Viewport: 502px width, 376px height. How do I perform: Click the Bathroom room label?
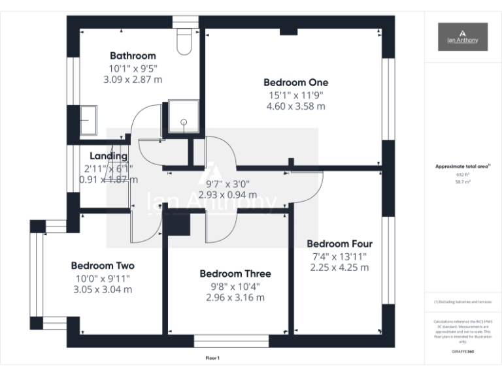click(x=133, y=55)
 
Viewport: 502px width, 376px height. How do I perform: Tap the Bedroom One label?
click(x=295, y=83)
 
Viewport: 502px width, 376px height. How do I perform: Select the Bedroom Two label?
click(x=103, y=266)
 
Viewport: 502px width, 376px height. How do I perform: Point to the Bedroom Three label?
click(x=235, y=274)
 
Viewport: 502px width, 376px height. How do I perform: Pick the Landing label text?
click(x=109, y=156)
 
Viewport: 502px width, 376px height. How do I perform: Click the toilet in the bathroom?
click(x=184, y=41)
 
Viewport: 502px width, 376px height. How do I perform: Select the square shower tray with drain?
click(x=184, y=116)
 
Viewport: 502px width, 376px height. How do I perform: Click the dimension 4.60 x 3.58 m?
click(x=295, y=106)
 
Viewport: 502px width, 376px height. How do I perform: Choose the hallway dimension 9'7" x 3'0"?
click(x=227, y=184)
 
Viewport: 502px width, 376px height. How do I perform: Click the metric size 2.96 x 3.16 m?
click(x=235, y=298)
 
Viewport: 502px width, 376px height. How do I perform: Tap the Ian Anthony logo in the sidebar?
click(x=463, y=37)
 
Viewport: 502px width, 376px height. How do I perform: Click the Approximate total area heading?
click(x=462, y=167)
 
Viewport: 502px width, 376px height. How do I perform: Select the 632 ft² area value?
click(x=462, y=175)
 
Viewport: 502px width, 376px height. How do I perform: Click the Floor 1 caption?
click(x=212, y=358)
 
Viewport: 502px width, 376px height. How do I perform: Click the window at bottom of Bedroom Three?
click(x=231, y=341)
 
